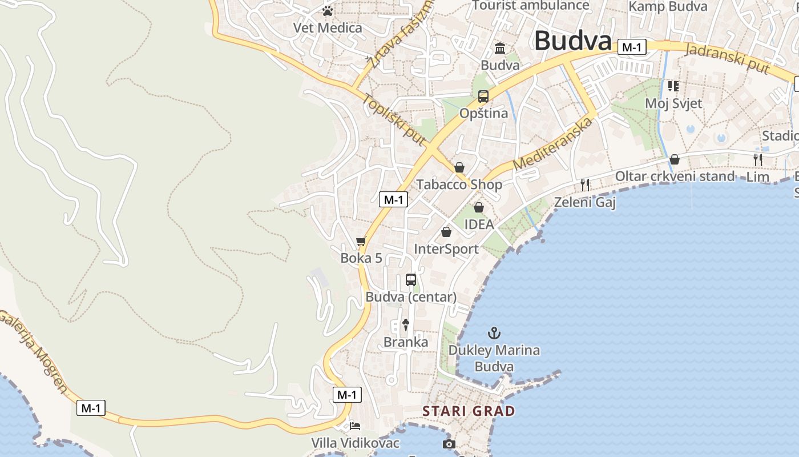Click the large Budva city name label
(572, 41)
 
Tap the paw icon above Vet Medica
(327, 11)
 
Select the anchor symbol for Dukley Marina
(494, 332)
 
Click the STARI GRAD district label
(469, 411)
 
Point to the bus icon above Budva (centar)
(411, 280)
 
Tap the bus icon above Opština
(483, 97)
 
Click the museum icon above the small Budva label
(500, 48)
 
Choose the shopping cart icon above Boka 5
(361, 242)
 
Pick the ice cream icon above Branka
(406, 325)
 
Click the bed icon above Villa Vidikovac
(355, 426)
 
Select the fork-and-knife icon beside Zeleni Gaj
(584, 185)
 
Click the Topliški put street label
(394, 119)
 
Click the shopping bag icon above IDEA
(479, 207)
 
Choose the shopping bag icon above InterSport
(446, 232)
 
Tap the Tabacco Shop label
(459, 185)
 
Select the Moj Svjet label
(673, 103)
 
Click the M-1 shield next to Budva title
(632, 47)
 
